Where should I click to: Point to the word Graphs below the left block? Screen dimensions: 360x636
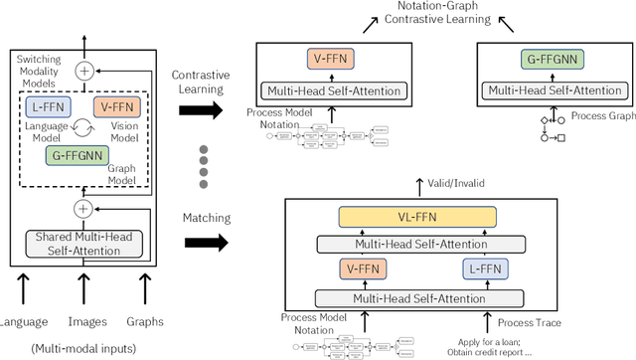click(144, 321)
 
